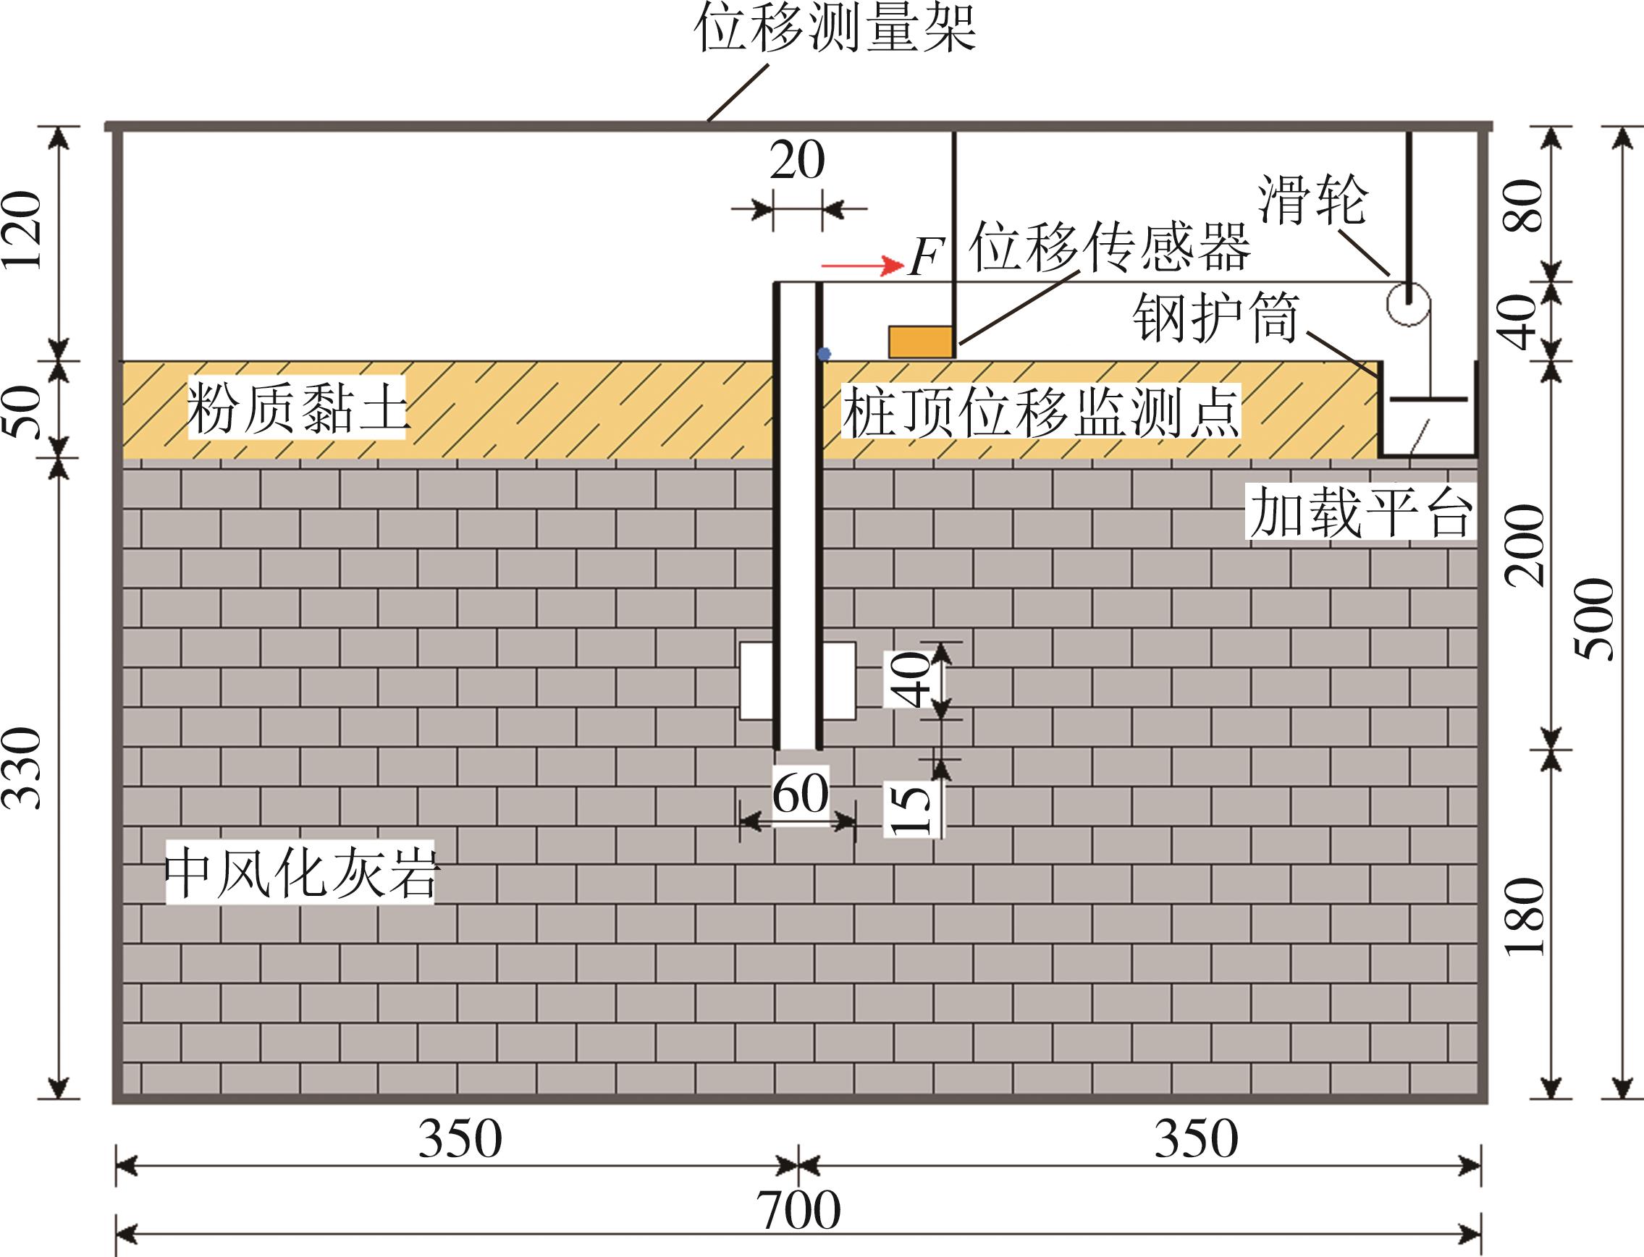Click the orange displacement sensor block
point(920,342)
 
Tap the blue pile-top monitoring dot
point(824,354)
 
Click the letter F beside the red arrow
point(925,258)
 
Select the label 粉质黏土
point(296,407)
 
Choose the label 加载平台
point(1360,512)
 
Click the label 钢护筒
point(1216,317)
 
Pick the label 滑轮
point(1312,200)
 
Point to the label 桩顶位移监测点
point(1041,412)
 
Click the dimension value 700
point(798,1210)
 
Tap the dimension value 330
point(22,768)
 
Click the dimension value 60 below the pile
point(800,792)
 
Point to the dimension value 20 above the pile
point(797,159)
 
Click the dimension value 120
point(22,229)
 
